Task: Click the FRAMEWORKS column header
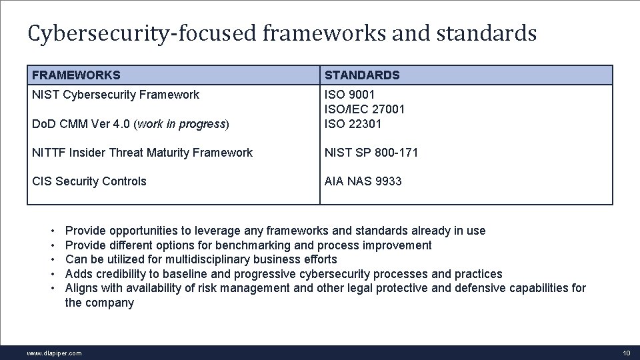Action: (76, 75)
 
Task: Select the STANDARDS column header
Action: (362, 75)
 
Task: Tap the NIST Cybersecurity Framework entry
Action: (115, 95)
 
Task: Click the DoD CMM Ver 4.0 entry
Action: (130, 123)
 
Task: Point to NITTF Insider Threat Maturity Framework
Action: (142, 153)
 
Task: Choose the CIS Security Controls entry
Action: (89, 181)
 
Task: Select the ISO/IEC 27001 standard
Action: (365, 109)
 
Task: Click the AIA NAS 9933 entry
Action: (363, 181)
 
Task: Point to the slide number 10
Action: (626, 353)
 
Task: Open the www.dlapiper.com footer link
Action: (54, 353)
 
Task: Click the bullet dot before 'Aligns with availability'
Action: (52, 289)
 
